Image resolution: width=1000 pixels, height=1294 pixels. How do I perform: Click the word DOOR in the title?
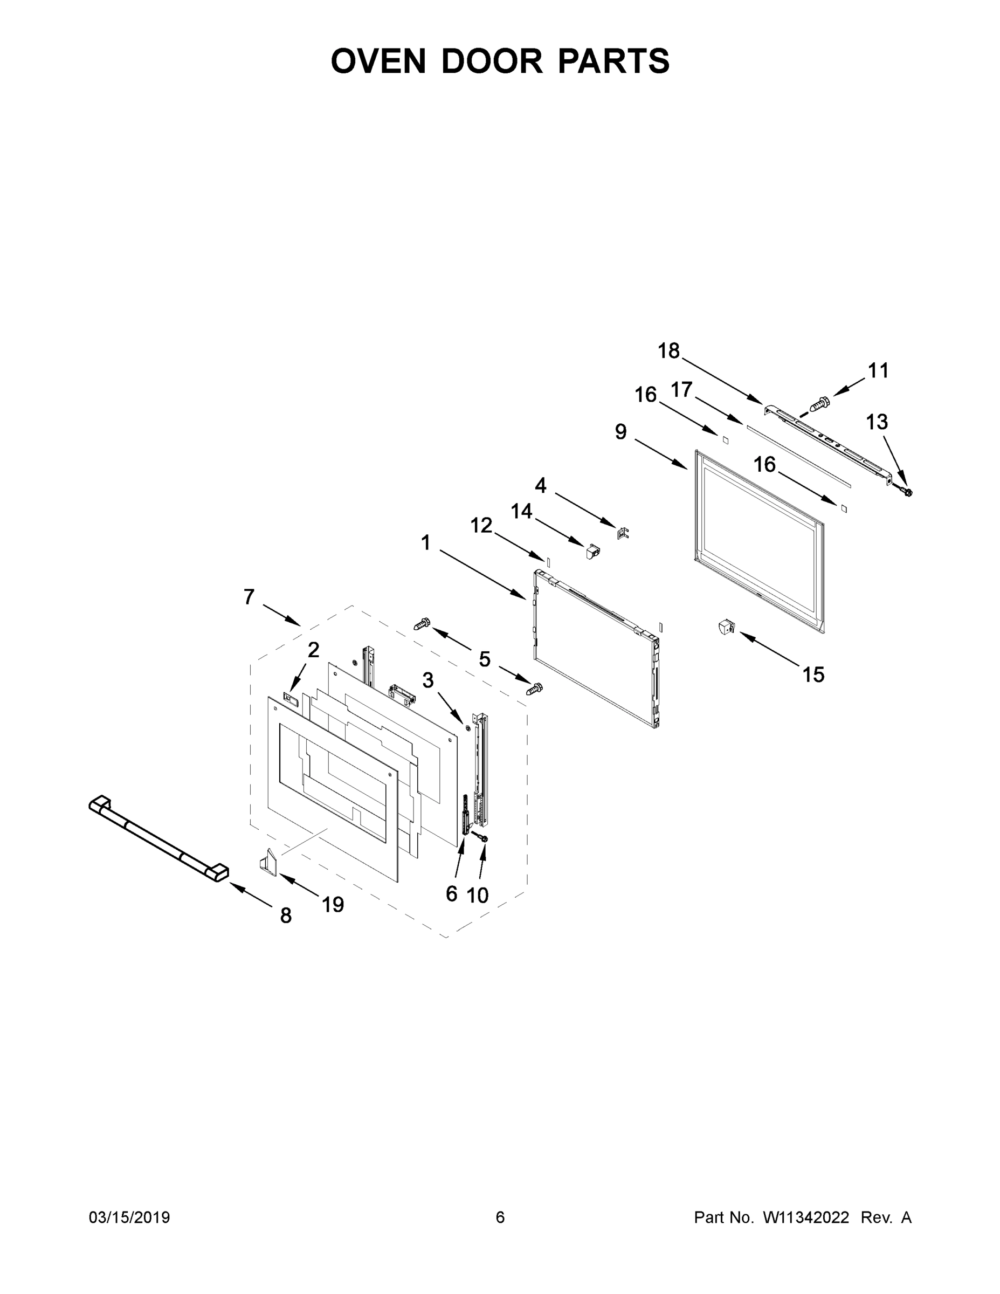491,61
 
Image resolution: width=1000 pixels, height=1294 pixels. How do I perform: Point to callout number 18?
669,351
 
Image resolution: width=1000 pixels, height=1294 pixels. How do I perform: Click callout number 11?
878,370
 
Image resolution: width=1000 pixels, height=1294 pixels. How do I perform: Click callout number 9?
620,431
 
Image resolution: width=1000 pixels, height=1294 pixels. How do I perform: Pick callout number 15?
813,674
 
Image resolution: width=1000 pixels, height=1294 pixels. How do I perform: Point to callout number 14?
521,511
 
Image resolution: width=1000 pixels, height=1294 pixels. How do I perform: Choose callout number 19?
333,904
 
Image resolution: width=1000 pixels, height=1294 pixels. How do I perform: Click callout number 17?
681,389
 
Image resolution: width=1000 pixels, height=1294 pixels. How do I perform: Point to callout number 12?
481,525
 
